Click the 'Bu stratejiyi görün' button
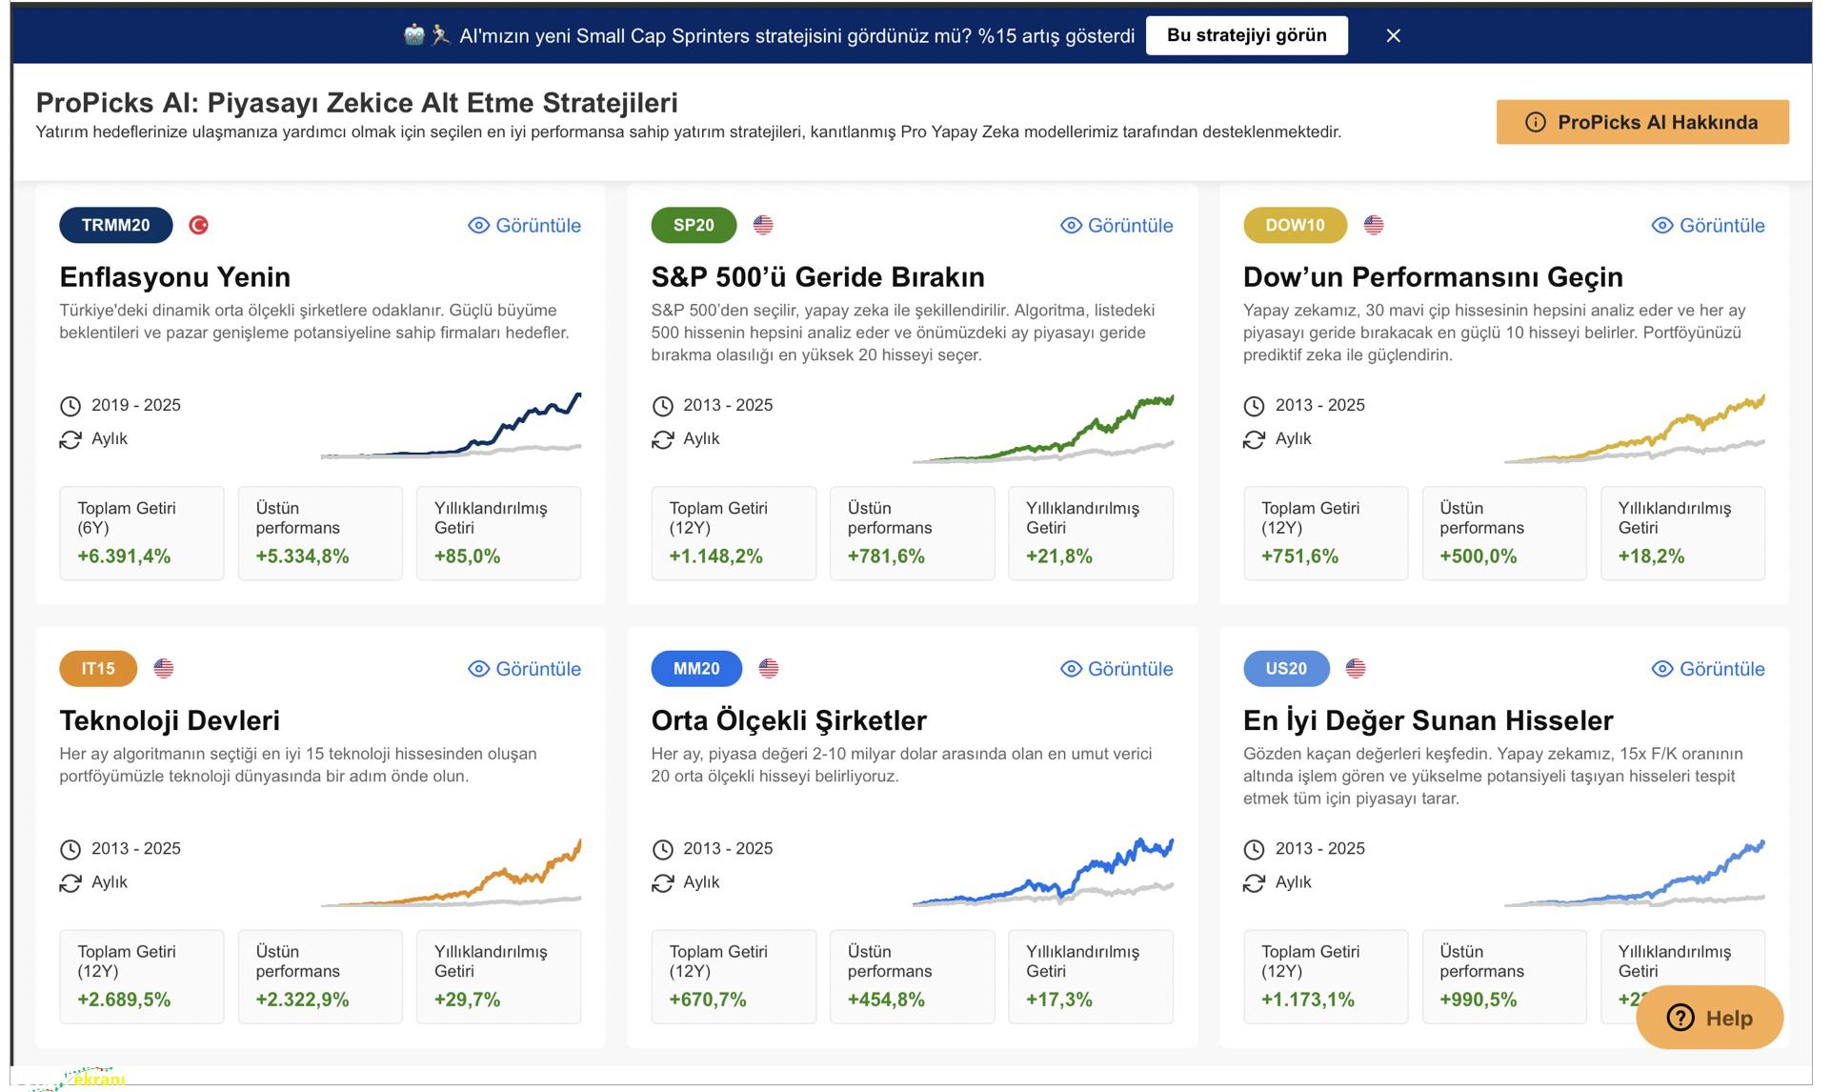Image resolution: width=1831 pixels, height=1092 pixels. tap(1246, 35)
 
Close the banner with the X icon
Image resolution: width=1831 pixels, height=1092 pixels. tap(1393, 36)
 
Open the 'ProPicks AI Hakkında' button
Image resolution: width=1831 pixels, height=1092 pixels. tap(1641, 122)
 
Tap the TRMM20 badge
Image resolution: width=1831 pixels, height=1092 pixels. tap(115, 225)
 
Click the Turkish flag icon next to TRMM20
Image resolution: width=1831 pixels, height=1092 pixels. tap(199, 225)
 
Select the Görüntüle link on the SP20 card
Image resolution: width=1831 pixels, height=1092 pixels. tap(1117, 226)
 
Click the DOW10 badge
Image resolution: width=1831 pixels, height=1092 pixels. tap(1295, 225)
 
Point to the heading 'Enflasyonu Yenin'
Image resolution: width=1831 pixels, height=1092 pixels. tap(174, 277)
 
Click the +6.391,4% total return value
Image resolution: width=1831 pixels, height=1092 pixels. tap(124, 556)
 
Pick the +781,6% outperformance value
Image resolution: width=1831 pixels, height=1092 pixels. tap(886, 556)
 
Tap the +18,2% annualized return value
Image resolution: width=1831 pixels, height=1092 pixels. tap(1651, 556)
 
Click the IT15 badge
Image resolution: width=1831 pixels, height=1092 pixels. tap(98, 668)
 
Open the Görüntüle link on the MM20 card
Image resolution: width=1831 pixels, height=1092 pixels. tap(1117, 669)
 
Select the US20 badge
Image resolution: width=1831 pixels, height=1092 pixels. tap(1285, 668)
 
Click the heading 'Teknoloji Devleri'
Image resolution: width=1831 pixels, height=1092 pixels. tap(170, 720)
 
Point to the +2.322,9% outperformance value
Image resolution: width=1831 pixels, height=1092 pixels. tap(302, 1000)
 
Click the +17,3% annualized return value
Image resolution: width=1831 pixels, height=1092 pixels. tap(1058, 1000)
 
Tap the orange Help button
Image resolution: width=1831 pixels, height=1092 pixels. tap(1709, 1018)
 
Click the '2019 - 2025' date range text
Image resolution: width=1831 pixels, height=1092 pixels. tap(135, 405)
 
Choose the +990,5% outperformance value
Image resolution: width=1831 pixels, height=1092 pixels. tap(1478, 1000)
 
